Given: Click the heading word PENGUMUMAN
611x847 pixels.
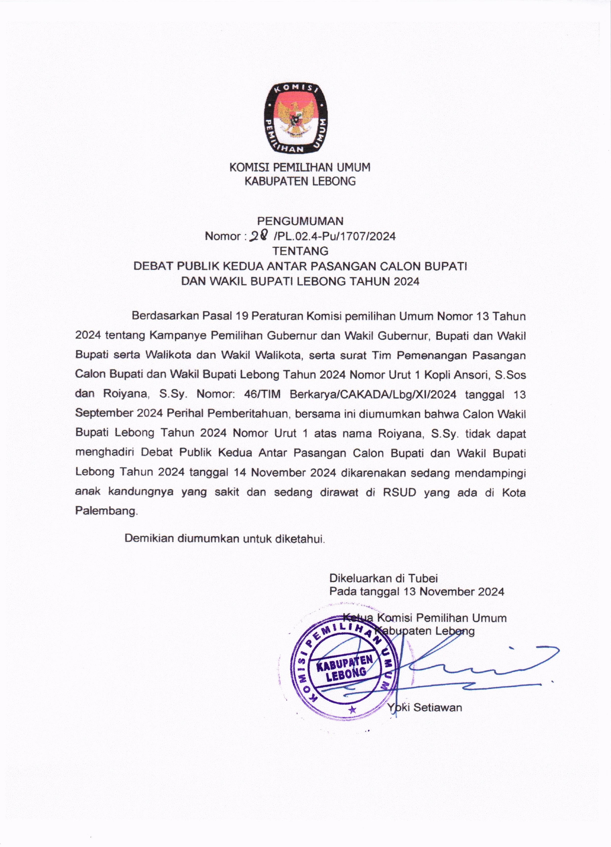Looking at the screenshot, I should pos(300,222).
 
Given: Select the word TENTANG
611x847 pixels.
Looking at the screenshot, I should pos(300,251).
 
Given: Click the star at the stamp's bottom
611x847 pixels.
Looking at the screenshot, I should pos(351,708).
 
